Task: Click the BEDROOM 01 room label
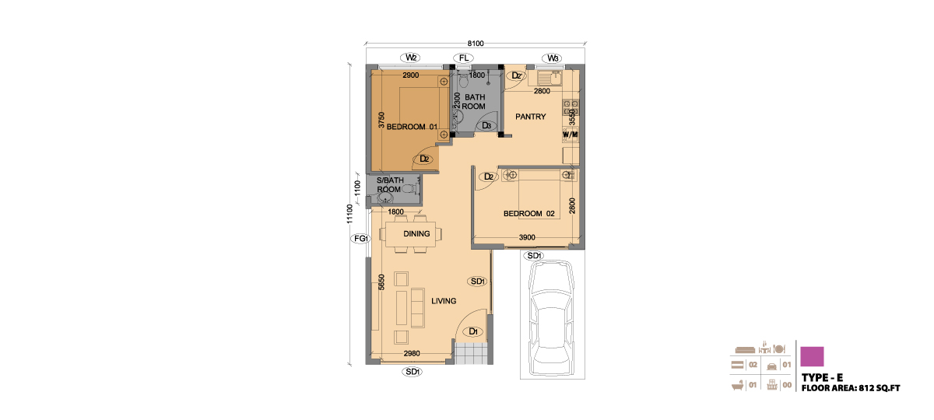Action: pyautogui.click(x=412, y=127)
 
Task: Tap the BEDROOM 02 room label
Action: pyautogui.click(x=529, y=214)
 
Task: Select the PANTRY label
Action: pyautogui.click(x=530, y=117)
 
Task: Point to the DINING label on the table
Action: pyautogui.click(x=416, y=234)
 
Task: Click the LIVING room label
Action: pyautogui.click(x=444, y=301)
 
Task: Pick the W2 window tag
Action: pyautogui.click(x=411, y=58)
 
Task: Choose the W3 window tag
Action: pyautogui.click(x=552, y=58)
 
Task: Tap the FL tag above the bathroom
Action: pyautogui.click(x=464, y=58)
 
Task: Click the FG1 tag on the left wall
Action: pyautogui.click(x=360, y=239)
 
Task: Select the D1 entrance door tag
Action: pyautogui.click(x=473, y=331)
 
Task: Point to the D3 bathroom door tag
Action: pyautogui.click(x=486, y=125)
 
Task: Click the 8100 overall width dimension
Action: pyautogui.click(x=476, y=44)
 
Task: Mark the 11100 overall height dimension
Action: pyautogui.click(x=349, y=214)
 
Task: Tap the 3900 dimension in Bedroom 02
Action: pyautogui.click(x=527, y=237)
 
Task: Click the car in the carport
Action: pyautogui.click(x=551, y=318)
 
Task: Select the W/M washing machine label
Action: pyautogui.click(x=570, y=135)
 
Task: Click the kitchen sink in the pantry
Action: pyautogui.click(x=550, y=78)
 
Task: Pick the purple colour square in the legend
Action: pyautogui.click(x=812, y=356)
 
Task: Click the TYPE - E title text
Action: pyautogui.click(x=822, y=377)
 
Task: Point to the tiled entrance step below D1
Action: pyautogui.click(x=471, y=353)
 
